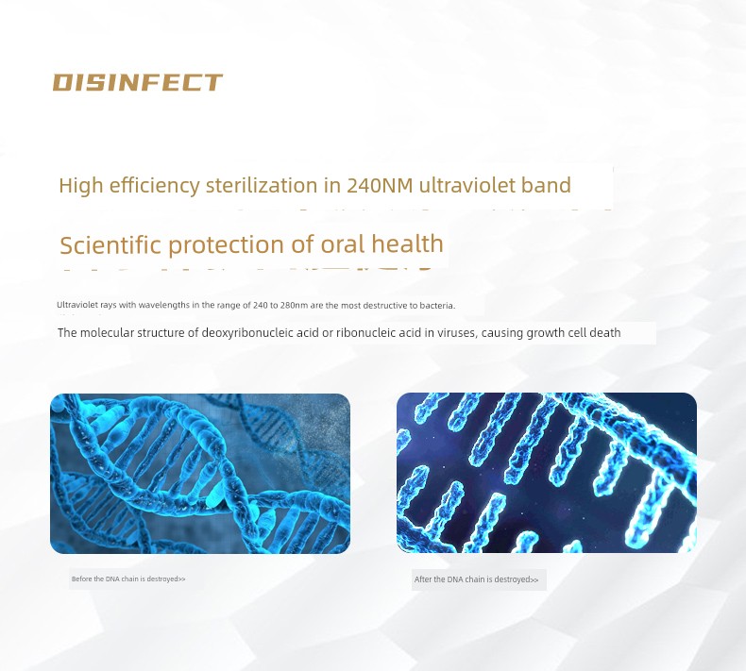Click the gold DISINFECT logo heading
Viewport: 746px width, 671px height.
[138, 82]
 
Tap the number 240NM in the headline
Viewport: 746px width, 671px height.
[380, 185]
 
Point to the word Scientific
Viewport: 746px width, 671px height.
[110, 245]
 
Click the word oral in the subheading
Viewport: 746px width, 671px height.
[343, 244]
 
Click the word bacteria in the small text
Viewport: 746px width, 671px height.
[437, 306]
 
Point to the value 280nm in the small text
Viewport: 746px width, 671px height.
[294, 306]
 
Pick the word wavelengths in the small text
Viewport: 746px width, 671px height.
[163, 306]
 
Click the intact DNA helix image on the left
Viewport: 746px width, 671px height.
[200, 474]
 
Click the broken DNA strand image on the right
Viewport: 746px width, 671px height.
[547, 473]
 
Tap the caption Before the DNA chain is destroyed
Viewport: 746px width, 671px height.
[128, 579]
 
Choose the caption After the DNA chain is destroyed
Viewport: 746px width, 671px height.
[476, 579]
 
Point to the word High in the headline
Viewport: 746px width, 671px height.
[81, 185]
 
